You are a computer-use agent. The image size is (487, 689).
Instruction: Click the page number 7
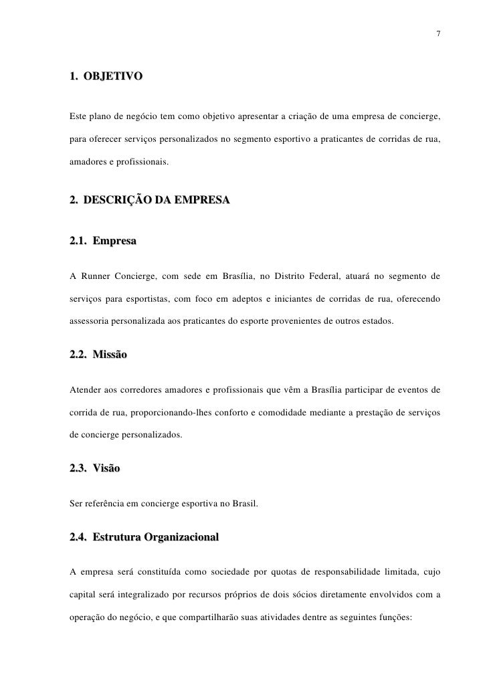437,33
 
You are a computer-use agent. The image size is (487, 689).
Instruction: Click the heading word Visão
106,468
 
